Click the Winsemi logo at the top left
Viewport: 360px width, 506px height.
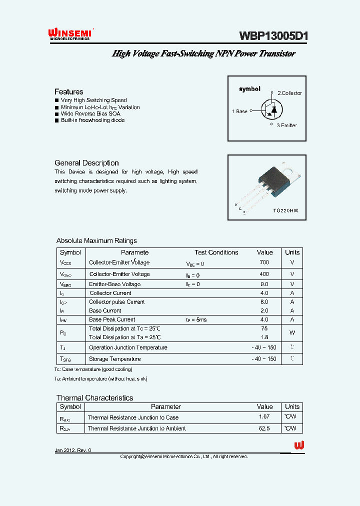click(x=69, y=33)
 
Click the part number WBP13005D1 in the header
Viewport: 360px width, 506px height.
click(x=273, y=35)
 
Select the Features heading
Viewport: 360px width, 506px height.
click(x=69, y=91)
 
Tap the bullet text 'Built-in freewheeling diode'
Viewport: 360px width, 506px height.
click(x=92, y=120)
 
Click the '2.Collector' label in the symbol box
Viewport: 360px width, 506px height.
click(x=289, y=93)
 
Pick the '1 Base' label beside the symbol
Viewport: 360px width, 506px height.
click(x=239, y=111)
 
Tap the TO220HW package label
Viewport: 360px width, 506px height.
click(x=285, y=211)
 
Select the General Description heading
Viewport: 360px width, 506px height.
click(x=86, y=163)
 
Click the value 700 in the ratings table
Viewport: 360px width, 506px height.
click(x=264, y=262)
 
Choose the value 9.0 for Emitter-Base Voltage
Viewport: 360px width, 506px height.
click(x=264, y=284)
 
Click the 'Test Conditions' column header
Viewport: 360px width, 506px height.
click(x=216, y=252)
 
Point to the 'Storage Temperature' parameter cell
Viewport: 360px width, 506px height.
click(x=114, y=359)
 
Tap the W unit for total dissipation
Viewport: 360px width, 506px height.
click(x=292, y=332)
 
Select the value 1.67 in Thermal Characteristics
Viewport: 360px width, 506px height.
click(x=264, y=417)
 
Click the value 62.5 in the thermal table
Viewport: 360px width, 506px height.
click(x=264, y=428)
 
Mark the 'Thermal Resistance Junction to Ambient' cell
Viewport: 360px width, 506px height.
click(x=136, y=428)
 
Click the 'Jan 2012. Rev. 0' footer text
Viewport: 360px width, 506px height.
click(x=73, y=450)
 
